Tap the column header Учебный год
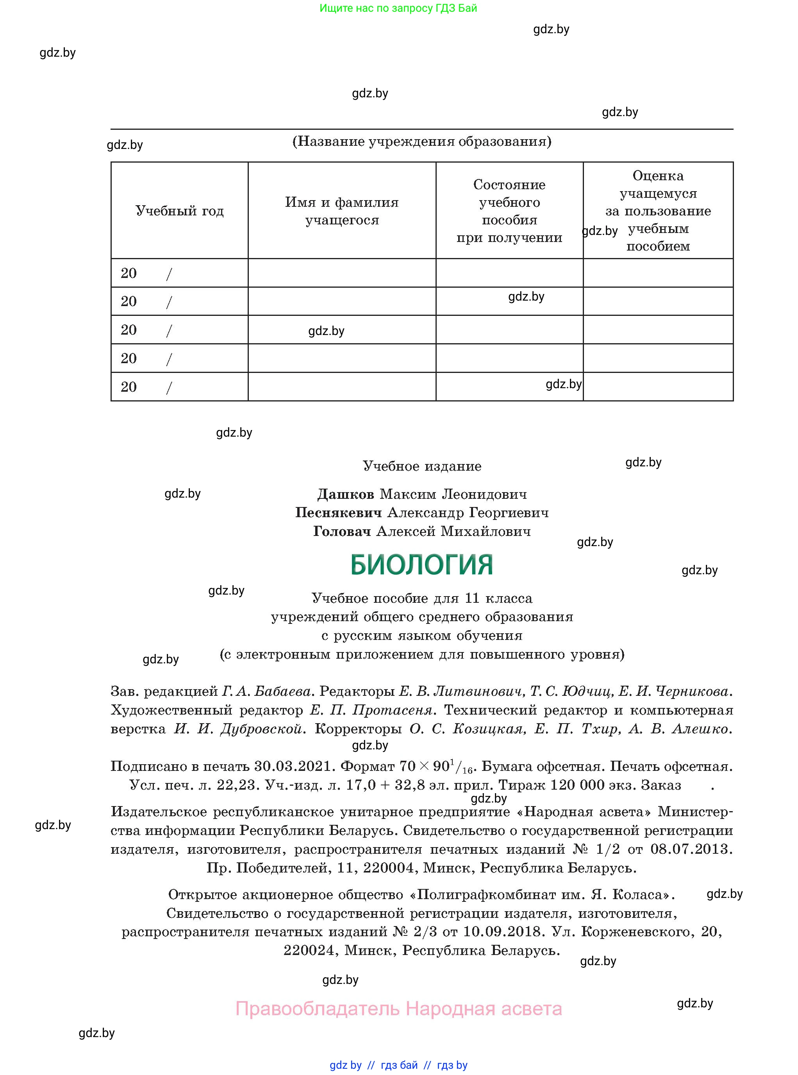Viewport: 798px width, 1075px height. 179,211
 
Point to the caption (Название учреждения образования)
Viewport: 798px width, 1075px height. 422,141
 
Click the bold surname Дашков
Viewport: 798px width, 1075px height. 345,494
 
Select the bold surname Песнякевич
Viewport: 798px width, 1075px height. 338,512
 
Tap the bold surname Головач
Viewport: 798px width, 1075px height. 342,531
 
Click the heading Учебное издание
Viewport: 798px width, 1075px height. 422,466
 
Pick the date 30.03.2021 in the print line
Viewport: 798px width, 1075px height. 293,766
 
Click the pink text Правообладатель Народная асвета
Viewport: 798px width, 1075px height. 398,1009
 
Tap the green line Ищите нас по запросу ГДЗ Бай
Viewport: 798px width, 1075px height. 398,8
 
